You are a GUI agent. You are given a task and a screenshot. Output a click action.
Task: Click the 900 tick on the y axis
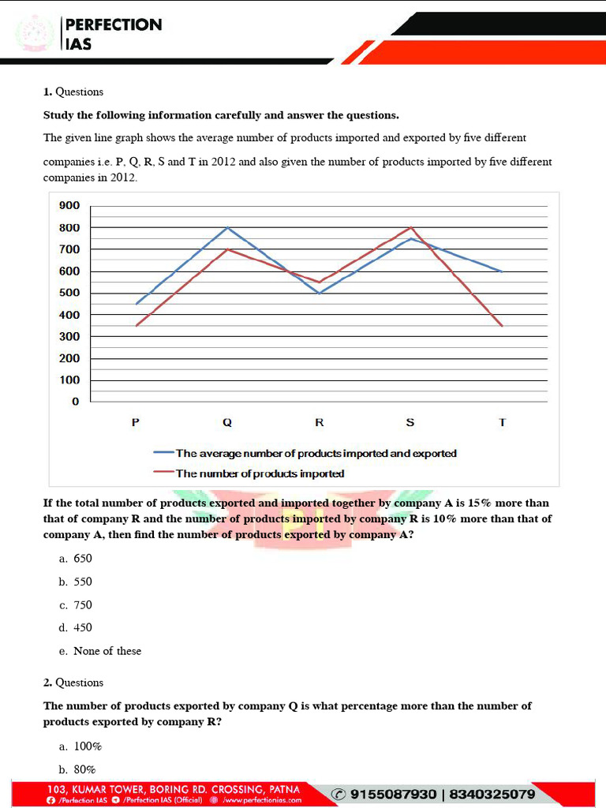click(69, 206)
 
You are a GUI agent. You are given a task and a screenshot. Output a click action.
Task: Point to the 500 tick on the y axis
click(69, 294)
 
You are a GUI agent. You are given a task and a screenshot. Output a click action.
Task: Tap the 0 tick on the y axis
click(76, 402)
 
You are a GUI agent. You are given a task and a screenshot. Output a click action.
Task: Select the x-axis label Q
click(227, 423)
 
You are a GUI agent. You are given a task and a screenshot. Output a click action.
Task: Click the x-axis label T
click(503, 423)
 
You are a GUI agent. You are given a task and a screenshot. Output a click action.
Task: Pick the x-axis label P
click(136, 423)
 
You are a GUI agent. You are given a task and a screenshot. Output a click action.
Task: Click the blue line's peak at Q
click(228, 227)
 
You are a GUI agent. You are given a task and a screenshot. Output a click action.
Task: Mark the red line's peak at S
click(411, 227)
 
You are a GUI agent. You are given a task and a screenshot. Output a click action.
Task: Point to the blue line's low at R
click(320, 293)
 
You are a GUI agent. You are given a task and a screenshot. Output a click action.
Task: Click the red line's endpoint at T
click(503, 325)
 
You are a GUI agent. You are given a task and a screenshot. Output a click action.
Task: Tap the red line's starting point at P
click(137, 325)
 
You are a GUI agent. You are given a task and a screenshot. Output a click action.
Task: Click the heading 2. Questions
click(73, 683)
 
